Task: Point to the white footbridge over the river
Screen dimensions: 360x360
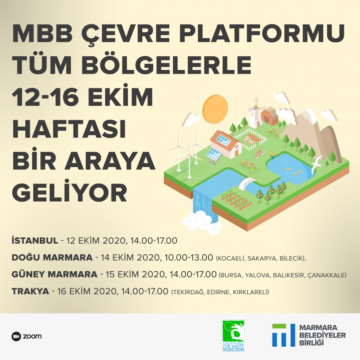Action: (x=247, y=183)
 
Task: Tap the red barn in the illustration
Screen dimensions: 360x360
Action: (x=270, y=117)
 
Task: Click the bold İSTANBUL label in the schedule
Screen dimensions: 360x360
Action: (x=35, y=240)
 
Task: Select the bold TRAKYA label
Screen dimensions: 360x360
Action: (x=30, y=291)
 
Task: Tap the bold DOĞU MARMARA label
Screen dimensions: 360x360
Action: (x=52, y=257)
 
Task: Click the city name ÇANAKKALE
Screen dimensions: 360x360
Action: (x=327, y=275)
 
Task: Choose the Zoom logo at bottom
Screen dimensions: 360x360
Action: (x=26, y=336)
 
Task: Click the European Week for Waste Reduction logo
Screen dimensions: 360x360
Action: (x=233, y=336)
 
